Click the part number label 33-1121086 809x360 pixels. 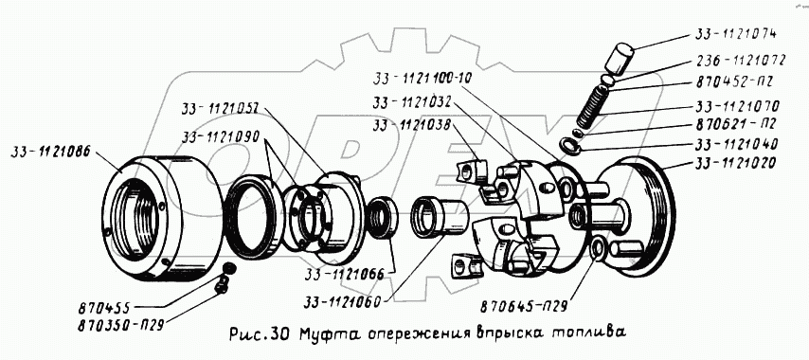50,152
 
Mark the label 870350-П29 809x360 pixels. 120,325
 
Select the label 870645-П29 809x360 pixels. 524,307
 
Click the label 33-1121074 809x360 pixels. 735,34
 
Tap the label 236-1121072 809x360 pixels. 740,61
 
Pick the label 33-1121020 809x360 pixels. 736,165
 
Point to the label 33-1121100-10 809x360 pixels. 422,78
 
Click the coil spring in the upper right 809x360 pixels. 591,108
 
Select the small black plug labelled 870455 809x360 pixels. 227,267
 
